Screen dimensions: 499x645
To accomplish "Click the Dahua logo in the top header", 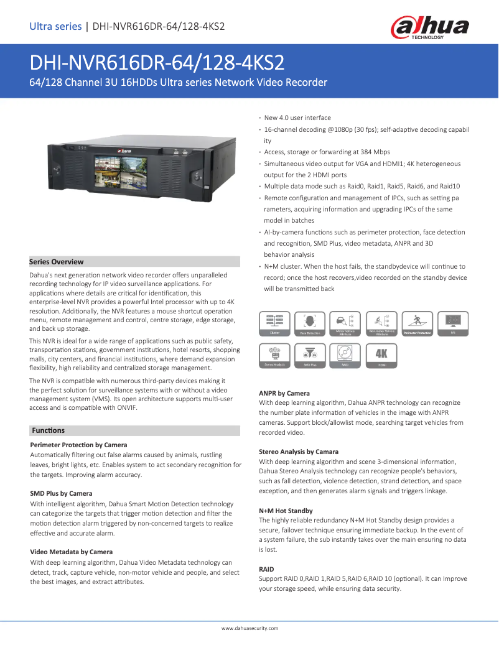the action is tap(429, 27).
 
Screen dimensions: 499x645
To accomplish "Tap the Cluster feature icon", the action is tap(274, 323).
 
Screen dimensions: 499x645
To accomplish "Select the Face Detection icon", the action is tap(310, 323).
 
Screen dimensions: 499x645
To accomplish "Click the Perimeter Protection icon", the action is tap(417, 323).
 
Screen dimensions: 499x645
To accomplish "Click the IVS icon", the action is tap(453, 323).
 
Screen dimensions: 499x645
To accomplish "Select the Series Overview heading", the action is tap(57, 262).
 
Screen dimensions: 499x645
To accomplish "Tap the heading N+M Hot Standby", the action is tap(286, 511).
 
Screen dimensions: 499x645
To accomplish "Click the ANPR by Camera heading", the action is tap(284, 393).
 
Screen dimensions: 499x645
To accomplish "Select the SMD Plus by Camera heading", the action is tap(61, 493).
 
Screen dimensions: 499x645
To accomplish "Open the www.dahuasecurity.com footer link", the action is tap(250, 628).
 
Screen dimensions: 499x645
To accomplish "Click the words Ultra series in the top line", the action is tap(55, 26).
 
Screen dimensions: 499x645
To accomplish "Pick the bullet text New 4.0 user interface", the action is tap(297, 118).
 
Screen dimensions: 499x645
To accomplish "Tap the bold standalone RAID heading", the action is tap(266, 569).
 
